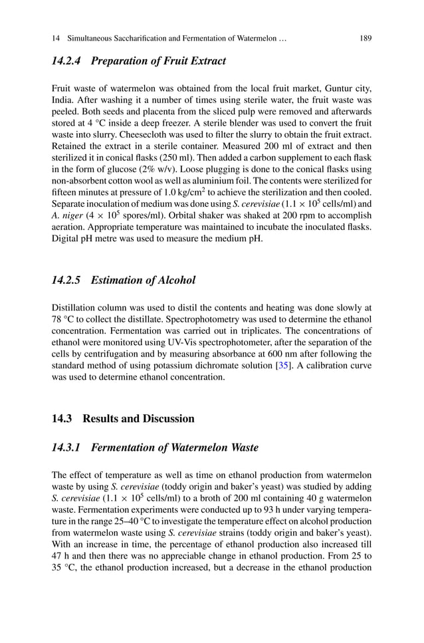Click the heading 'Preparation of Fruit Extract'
[x=158, y=61]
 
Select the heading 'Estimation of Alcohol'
[x=143, y=280]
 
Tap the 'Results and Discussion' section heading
[x=138, y=418]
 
